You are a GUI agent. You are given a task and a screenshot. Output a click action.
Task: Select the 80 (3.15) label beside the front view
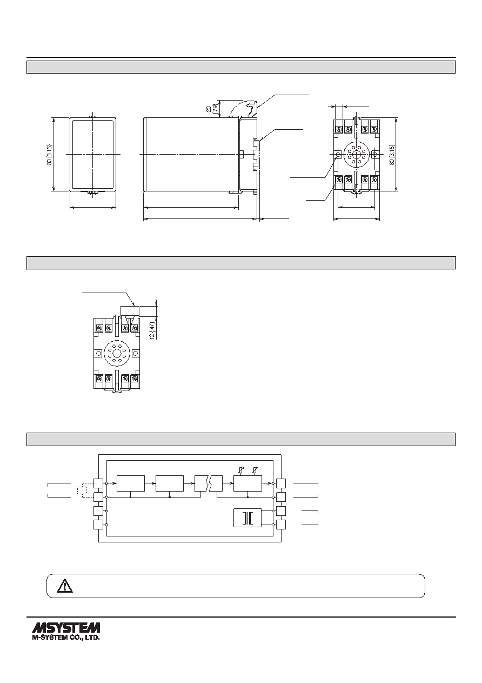[x=50, y=155]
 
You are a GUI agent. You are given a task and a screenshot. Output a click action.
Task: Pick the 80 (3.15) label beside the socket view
[x=392, y=155]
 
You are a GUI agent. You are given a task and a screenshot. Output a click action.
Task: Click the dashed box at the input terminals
[x=82, y=490]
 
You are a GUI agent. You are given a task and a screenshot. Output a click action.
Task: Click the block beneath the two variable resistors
[x=247, y=483]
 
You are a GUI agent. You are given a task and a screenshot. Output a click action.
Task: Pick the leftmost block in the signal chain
[x=131, y=483]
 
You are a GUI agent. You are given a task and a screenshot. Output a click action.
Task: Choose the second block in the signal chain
[x=170, y=483]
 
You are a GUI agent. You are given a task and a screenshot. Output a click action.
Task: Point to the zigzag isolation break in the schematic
[x=209, y=483]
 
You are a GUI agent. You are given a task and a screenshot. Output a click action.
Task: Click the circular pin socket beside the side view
[x=356, y=155]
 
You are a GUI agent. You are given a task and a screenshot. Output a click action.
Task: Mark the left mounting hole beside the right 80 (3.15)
[x=338, y=155]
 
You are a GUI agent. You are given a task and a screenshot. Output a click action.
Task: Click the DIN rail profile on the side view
[x=257, y=154]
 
